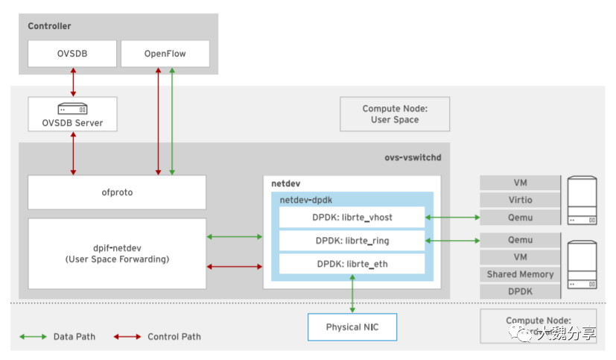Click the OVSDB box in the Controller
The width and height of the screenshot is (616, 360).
72,54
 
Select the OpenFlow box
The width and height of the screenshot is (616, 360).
165,54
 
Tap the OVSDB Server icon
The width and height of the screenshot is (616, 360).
72,109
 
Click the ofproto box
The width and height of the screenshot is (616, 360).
117,192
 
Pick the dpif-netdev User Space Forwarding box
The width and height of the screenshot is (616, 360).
117,253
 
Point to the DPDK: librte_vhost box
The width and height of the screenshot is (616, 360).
352,218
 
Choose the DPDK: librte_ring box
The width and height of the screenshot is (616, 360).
352,241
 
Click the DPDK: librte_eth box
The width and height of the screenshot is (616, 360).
352,264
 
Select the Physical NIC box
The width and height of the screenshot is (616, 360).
352,327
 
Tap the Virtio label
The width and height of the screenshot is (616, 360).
520,200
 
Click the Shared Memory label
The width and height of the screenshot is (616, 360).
520,274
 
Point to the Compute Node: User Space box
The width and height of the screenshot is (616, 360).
395,114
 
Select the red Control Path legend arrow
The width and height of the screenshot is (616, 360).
127,337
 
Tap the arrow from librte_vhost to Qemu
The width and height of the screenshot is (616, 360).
452,218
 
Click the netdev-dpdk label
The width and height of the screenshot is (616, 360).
307,200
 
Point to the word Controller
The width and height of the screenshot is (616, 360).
49,26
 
